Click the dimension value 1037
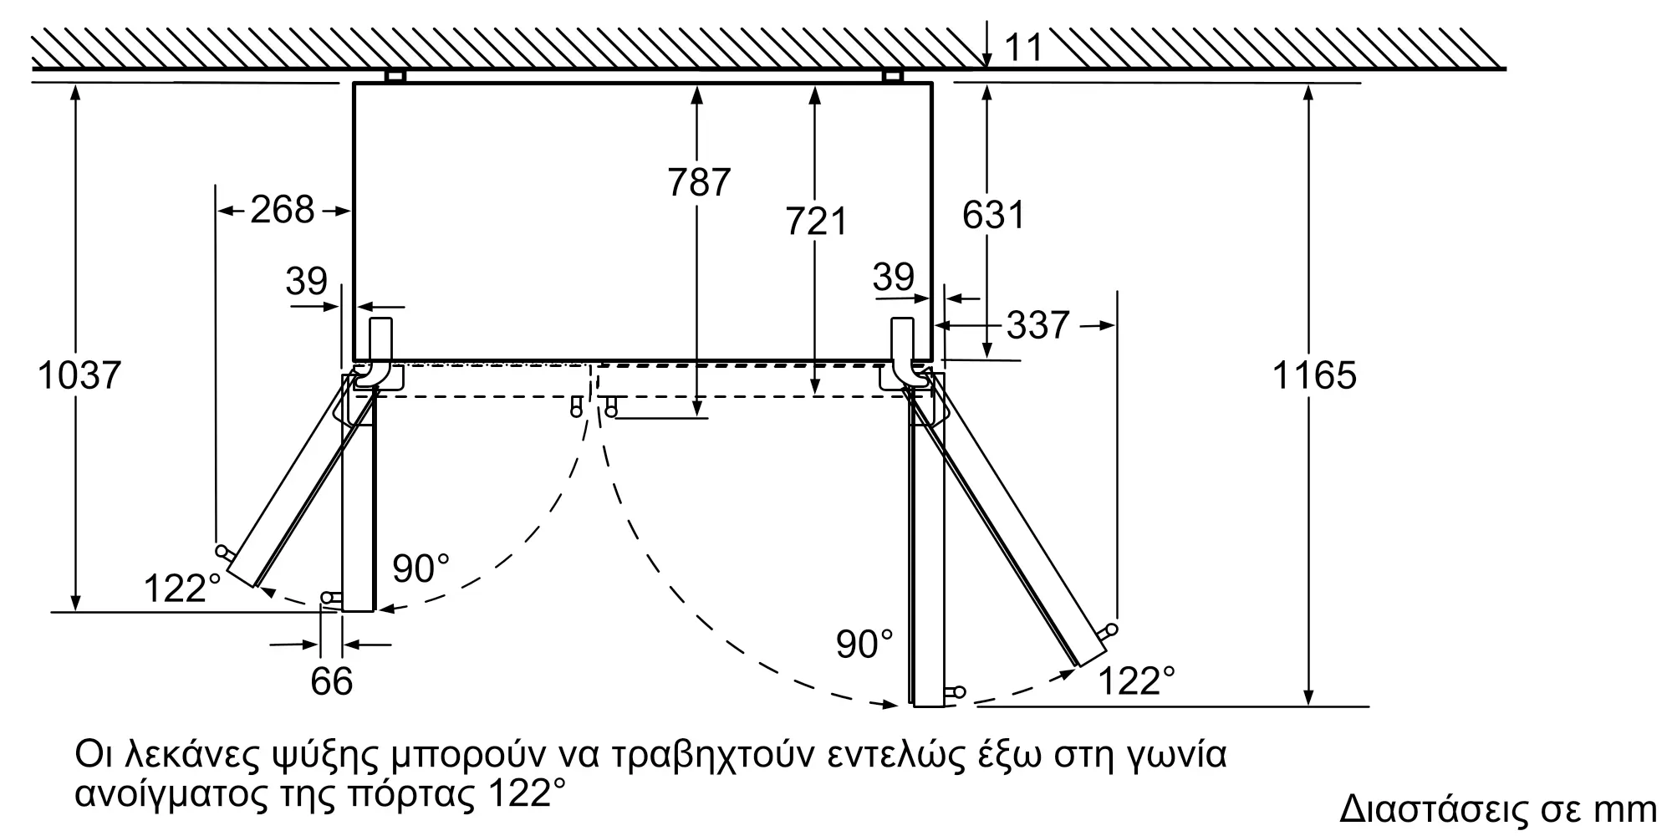(x=79, y=375)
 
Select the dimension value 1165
(x=1314, y=375)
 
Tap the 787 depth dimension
(x=699, y=182)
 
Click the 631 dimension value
(x=993, y=215)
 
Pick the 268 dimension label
(x=283, y=210)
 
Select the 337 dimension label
(x=1037, y=325)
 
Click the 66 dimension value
(x=331, y=681)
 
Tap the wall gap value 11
(x=1023, y=48)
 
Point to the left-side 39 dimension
(x=306, y=281)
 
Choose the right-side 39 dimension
(x=893, y=277)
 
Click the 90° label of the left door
(x=421, y=569)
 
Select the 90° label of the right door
(x=864, y=644)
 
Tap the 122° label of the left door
(x=182, y=589)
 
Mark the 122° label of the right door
(x=1135, y=681)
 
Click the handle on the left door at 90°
(x=330, y=597)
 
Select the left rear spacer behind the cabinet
(x=395, y=76)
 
